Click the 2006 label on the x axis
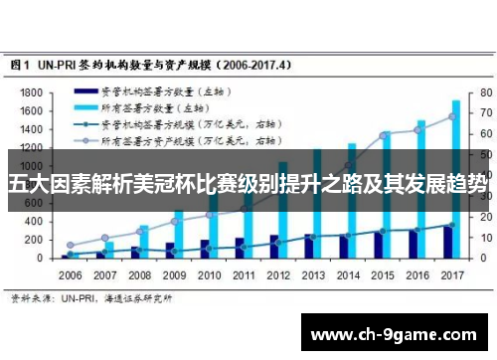click(x=70, y=273)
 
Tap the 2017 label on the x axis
click(x=451, y=273)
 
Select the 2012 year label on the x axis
click(x=277, y=273)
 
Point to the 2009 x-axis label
click(x=174, y=273)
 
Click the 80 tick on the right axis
click(x=486, y=91)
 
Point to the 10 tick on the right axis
click(x=486, y=238)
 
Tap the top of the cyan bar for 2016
click(x=421, y=122)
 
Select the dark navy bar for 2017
click(x=447, y=243)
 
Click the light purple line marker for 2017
click(x=451, y=116)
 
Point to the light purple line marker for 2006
click(x=70, y=245)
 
